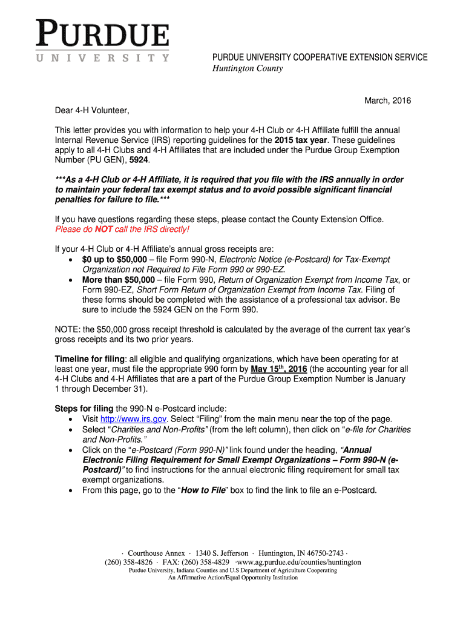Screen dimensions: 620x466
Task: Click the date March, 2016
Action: [387, 101]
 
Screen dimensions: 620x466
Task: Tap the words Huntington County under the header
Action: [246, 68]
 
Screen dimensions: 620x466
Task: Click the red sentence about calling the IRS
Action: [122, 229]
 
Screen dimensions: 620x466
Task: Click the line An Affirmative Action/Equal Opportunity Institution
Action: [233, 578]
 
